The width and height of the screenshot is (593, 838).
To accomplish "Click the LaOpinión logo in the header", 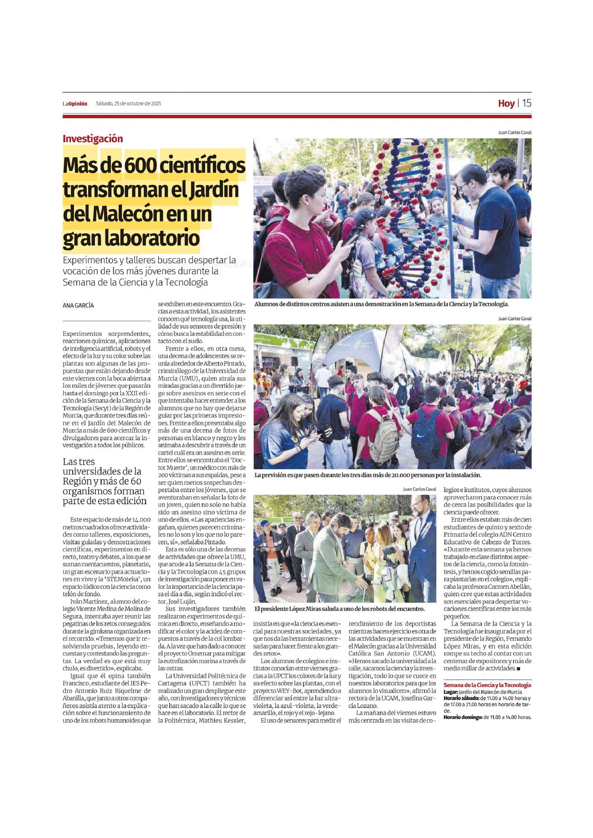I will click(75, 104).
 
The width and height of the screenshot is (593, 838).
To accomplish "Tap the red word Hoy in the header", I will click(506, 104).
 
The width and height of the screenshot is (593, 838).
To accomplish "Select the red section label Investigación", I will click(92, 139).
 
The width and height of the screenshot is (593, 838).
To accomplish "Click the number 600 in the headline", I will click(141, 165).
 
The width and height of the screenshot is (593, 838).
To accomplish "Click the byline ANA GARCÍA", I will click(78, 306).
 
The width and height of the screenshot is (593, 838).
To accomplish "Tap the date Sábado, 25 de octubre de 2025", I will click(128, 104).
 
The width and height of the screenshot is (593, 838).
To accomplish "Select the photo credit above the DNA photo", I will click(514, 133).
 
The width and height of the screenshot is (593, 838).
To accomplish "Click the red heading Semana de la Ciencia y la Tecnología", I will click(487, 685).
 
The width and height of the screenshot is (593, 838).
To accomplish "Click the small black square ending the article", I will click(518, 669).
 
